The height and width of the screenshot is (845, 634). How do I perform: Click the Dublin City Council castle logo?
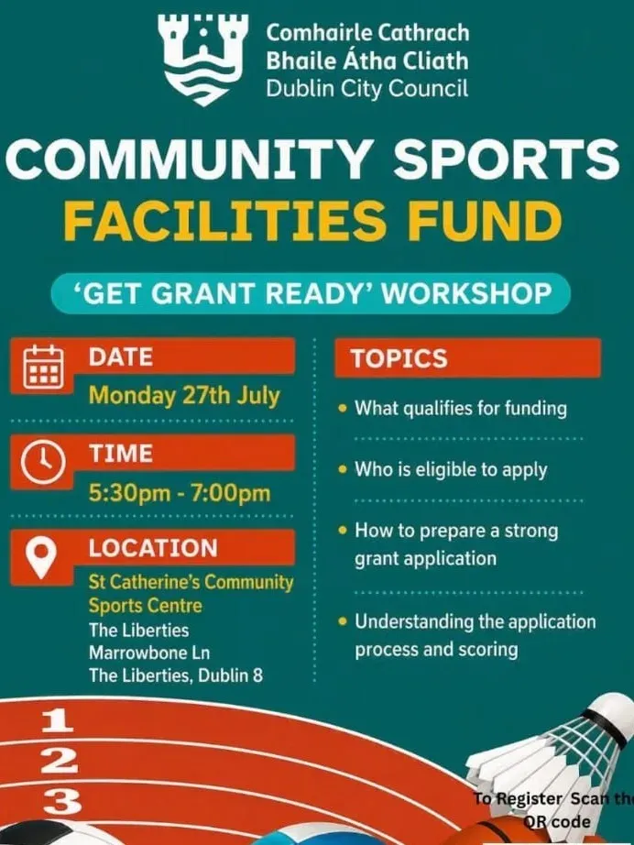203,59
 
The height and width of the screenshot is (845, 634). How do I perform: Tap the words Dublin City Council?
367,88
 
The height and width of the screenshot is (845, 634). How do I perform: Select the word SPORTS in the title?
507,159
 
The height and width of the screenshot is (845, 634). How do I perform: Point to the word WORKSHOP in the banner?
466,293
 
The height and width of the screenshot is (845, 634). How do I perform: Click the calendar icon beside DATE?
44,367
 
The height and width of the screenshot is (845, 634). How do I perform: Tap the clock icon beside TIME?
43,463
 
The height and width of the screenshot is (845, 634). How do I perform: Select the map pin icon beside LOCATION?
41,557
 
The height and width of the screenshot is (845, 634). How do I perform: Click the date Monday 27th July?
184,396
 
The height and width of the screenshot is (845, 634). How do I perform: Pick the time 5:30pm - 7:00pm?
180,493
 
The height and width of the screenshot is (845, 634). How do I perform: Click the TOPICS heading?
399,358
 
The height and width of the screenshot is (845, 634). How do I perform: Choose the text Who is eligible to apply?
451,469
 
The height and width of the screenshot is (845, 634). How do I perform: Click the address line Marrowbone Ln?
149,653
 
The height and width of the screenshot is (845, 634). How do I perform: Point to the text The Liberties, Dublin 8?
176,675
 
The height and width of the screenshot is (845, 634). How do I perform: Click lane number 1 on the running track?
58,720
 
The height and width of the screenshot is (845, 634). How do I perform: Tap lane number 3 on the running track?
62,803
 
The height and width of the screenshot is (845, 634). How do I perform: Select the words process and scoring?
436,650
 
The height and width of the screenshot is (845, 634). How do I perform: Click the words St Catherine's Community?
191,582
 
